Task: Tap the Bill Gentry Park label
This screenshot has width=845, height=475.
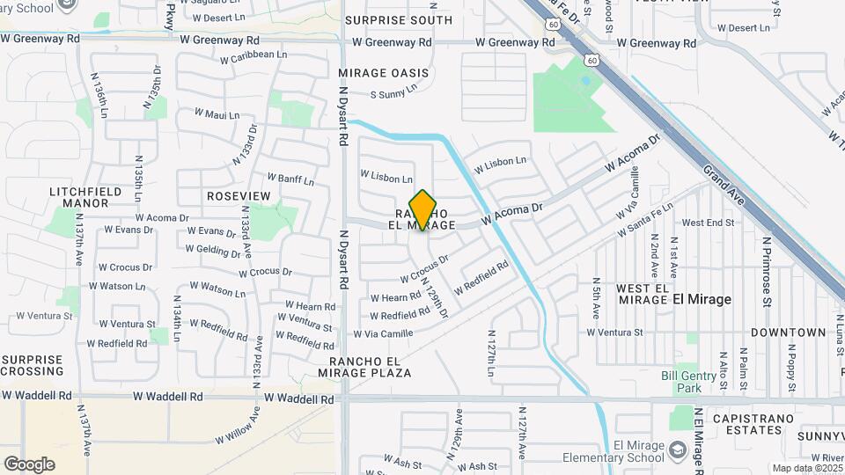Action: (x=688, y=382)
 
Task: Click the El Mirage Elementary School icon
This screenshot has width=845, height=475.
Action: (x=678, y=451)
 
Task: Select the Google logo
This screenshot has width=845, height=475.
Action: (x=29, y=464)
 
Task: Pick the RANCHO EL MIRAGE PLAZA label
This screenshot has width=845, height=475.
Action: (x=370, y=367)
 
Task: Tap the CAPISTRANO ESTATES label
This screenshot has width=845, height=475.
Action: (x=748, y=424)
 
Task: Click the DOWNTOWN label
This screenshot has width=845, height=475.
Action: (x=789, y=332)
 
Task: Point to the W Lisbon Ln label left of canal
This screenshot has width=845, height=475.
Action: (x=386, y=177)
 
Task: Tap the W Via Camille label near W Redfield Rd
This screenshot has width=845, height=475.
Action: (x=383, y=333)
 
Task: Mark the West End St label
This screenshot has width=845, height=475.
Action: (x=708, y=223)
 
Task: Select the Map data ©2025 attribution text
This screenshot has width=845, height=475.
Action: (x=805, y=468)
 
